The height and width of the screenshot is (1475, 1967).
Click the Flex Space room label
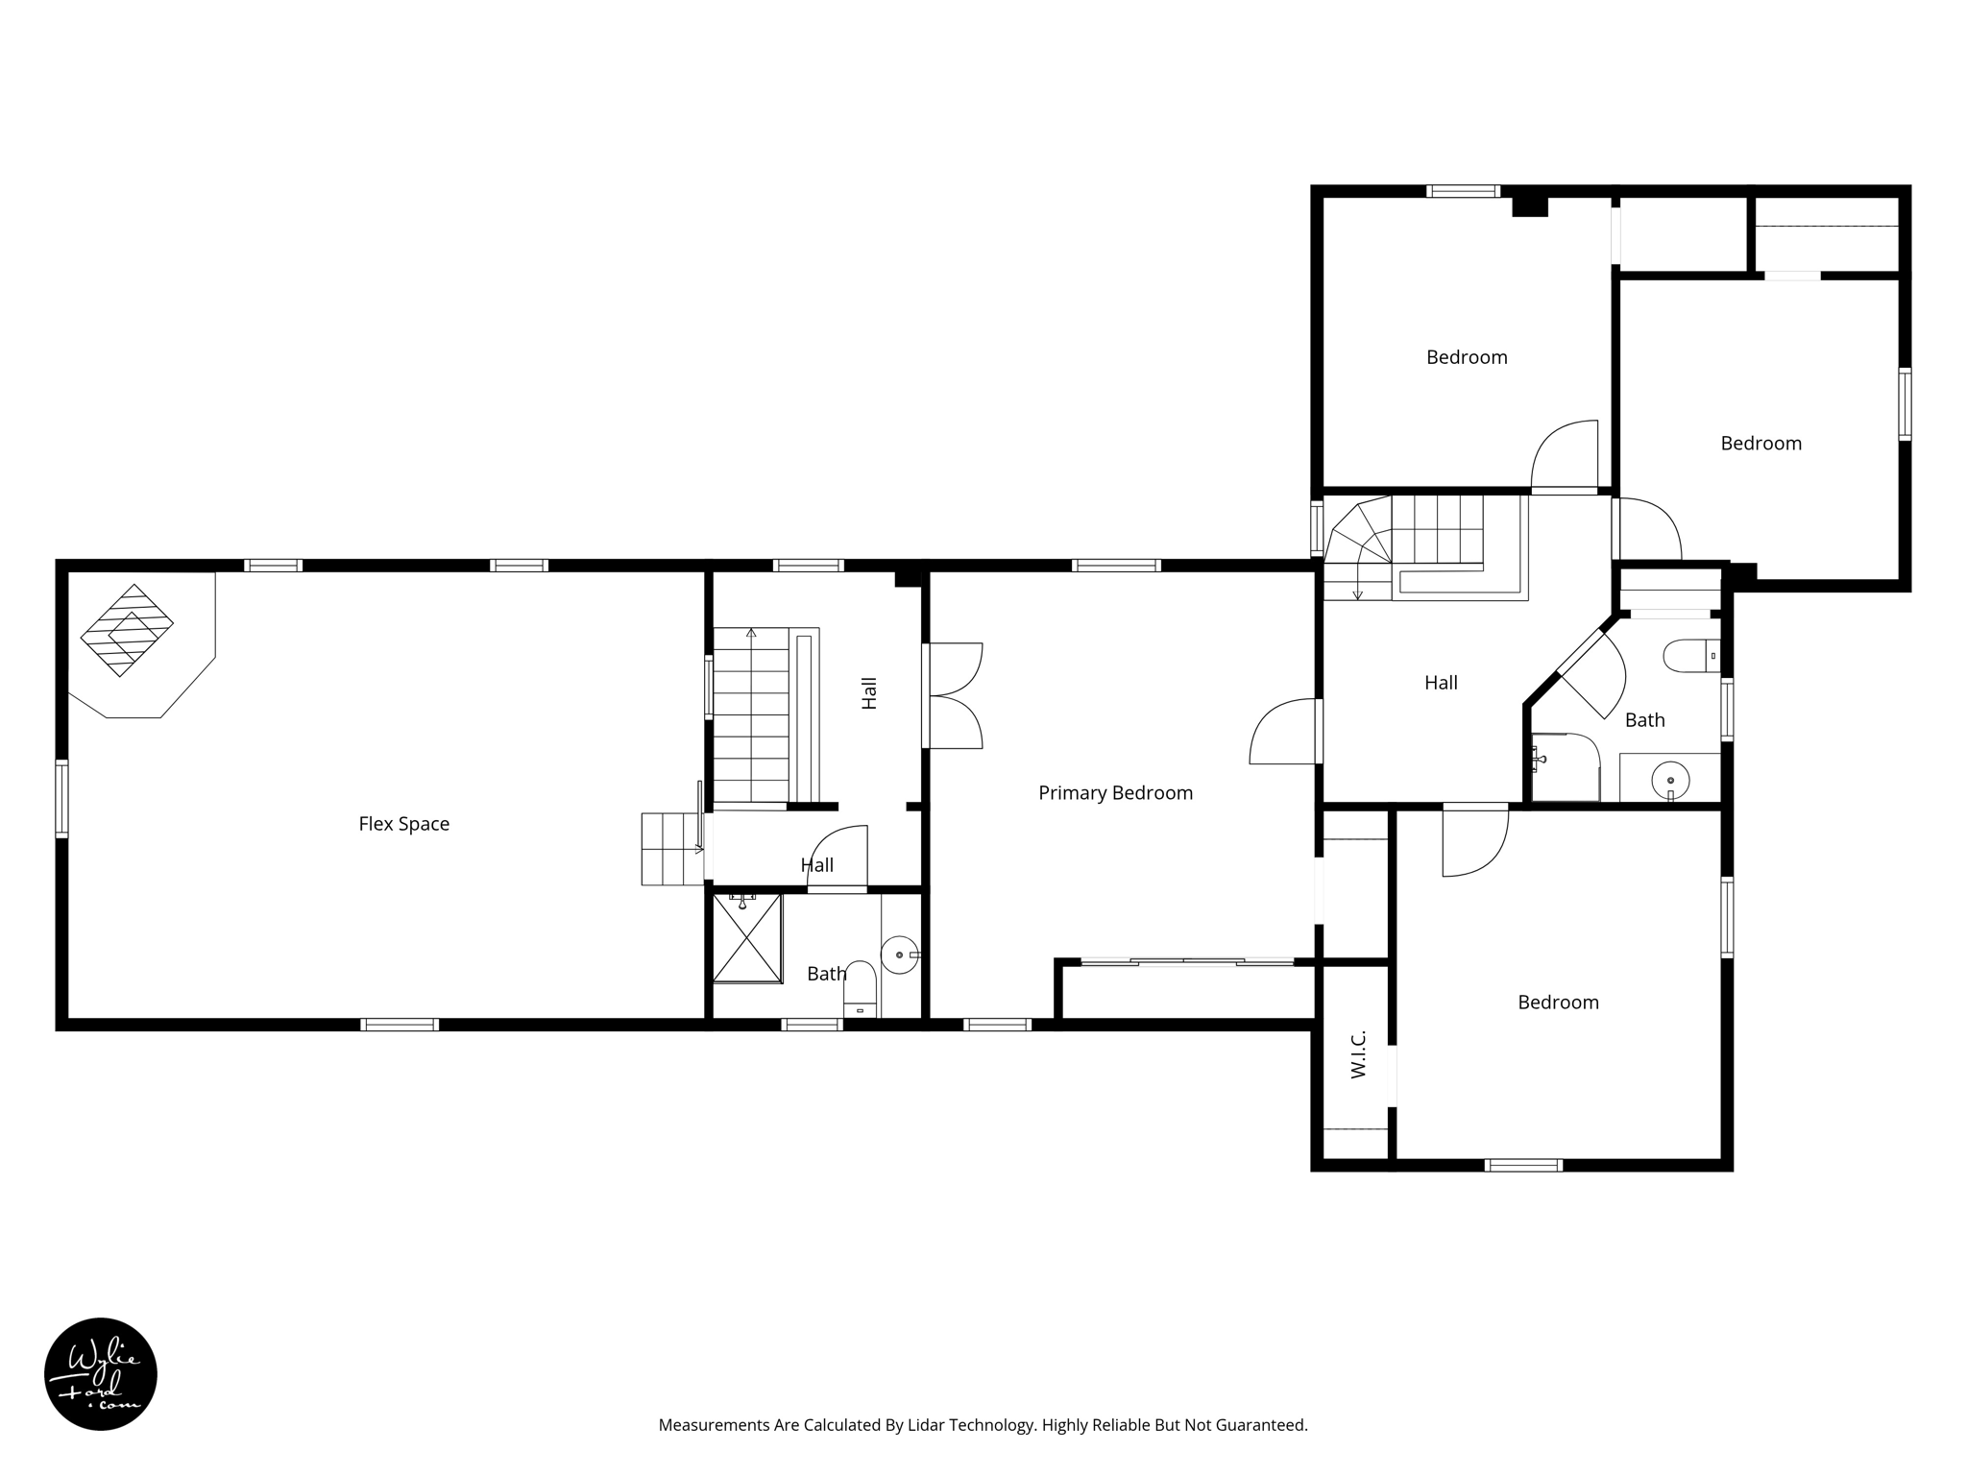(403, 824)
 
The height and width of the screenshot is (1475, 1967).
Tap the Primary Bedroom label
(1115, 793)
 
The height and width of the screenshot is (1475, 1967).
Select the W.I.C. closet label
(1358, 1054)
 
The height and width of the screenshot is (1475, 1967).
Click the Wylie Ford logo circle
(101, 1374)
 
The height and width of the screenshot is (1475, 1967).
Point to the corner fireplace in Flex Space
(127, 631)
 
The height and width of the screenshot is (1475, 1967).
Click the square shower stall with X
(747, 938)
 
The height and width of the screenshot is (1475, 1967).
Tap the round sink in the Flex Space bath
(900, 955)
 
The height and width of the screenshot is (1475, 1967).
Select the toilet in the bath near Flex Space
(860, 989)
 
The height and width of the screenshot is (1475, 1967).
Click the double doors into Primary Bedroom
(952, 696)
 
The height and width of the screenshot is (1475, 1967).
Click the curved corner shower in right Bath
(1565, 767)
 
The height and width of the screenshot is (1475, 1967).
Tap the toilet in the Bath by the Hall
(1689, 656)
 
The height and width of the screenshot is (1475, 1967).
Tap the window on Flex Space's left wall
(62, 798)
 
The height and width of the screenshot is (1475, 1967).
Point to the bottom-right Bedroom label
(1558, 1003)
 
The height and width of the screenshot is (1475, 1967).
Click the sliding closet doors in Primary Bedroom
(1187, 960)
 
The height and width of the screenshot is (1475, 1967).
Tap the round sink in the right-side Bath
(1670, 780)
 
